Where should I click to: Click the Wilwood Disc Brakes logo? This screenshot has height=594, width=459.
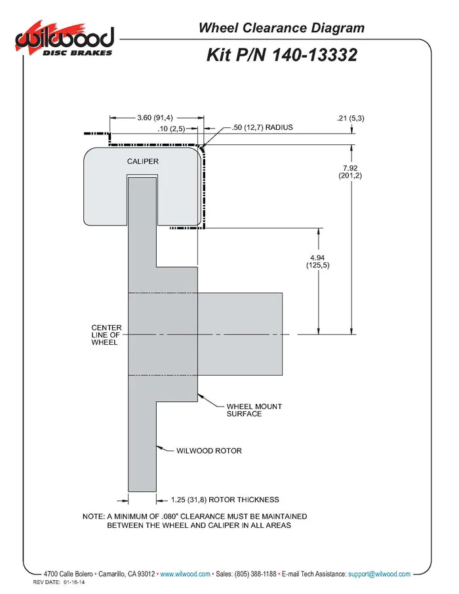(64, 39)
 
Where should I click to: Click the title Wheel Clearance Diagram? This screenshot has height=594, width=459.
(281, 28)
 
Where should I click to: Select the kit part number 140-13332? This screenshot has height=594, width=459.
(315, 54)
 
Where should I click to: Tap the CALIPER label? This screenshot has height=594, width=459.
(142, 161)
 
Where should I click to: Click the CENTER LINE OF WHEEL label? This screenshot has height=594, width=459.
(106, 335)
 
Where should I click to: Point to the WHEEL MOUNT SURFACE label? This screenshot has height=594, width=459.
(254, 410)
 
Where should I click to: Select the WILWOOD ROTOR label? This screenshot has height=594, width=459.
(209, 451)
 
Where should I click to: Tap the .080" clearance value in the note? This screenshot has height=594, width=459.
(170, 517)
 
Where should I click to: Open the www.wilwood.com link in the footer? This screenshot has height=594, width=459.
(185, 574)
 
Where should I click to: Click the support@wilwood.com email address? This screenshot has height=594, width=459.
(379, 574)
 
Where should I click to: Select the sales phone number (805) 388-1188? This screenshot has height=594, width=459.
(256, 574)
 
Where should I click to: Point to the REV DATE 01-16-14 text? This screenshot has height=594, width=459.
(59, 582)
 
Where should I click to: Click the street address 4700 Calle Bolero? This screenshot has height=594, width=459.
(68, 574)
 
